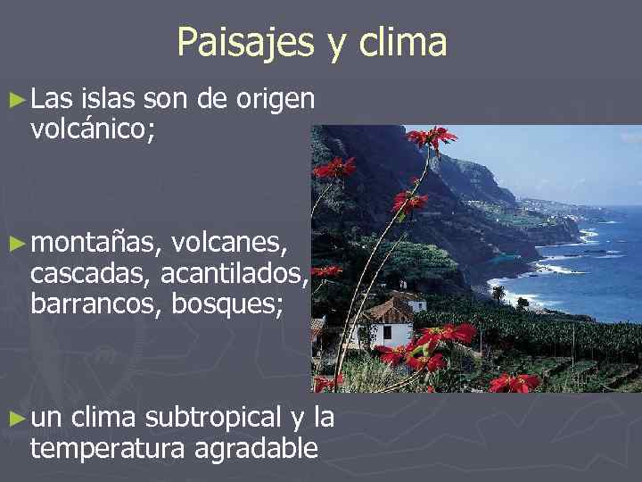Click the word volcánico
pyautogui.click(x=92, y=131)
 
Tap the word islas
pyautogui.click(x=111, y=101)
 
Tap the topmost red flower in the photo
pyautogui.click(x=432, y=137)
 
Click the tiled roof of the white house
pyautogui.click(x=389, y=310)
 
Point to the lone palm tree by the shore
pyautogui.click(x=498, y=291)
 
